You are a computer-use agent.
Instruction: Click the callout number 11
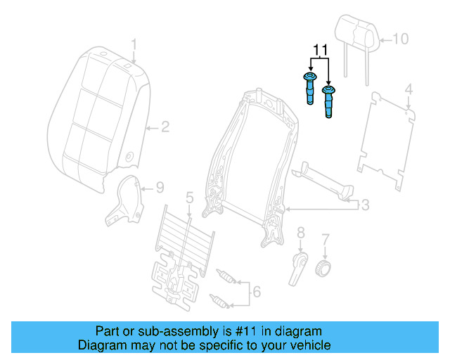[321, 50]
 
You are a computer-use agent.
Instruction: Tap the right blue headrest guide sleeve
[328, 103]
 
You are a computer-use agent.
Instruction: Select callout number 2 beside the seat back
[165, 127]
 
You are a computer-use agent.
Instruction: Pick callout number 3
[365, 205]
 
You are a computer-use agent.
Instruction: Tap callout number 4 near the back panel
[409, 89]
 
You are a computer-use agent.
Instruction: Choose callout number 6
[256, 291]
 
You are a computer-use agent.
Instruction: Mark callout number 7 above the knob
[325, 240]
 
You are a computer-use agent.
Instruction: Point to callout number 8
[300, 233]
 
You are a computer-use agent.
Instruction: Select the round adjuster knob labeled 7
[324, 269]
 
